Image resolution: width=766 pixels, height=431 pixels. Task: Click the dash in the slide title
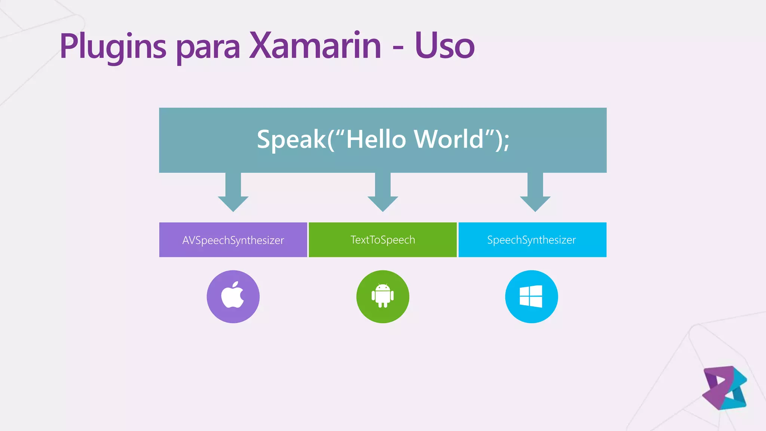[398, 48]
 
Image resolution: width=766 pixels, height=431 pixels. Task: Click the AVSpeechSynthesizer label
[233, 240]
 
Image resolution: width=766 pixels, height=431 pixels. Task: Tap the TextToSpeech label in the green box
[383, 240]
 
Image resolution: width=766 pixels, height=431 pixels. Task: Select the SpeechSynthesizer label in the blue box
[531, 240]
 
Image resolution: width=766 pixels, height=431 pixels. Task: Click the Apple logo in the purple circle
[232, 296]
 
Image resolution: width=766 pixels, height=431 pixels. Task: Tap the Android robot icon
[383, 296]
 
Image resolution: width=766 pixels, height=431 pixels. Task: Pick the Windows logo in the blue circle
[531, 296]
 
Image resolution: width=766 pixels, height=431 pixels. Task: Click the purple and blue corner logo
[724, 388]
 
